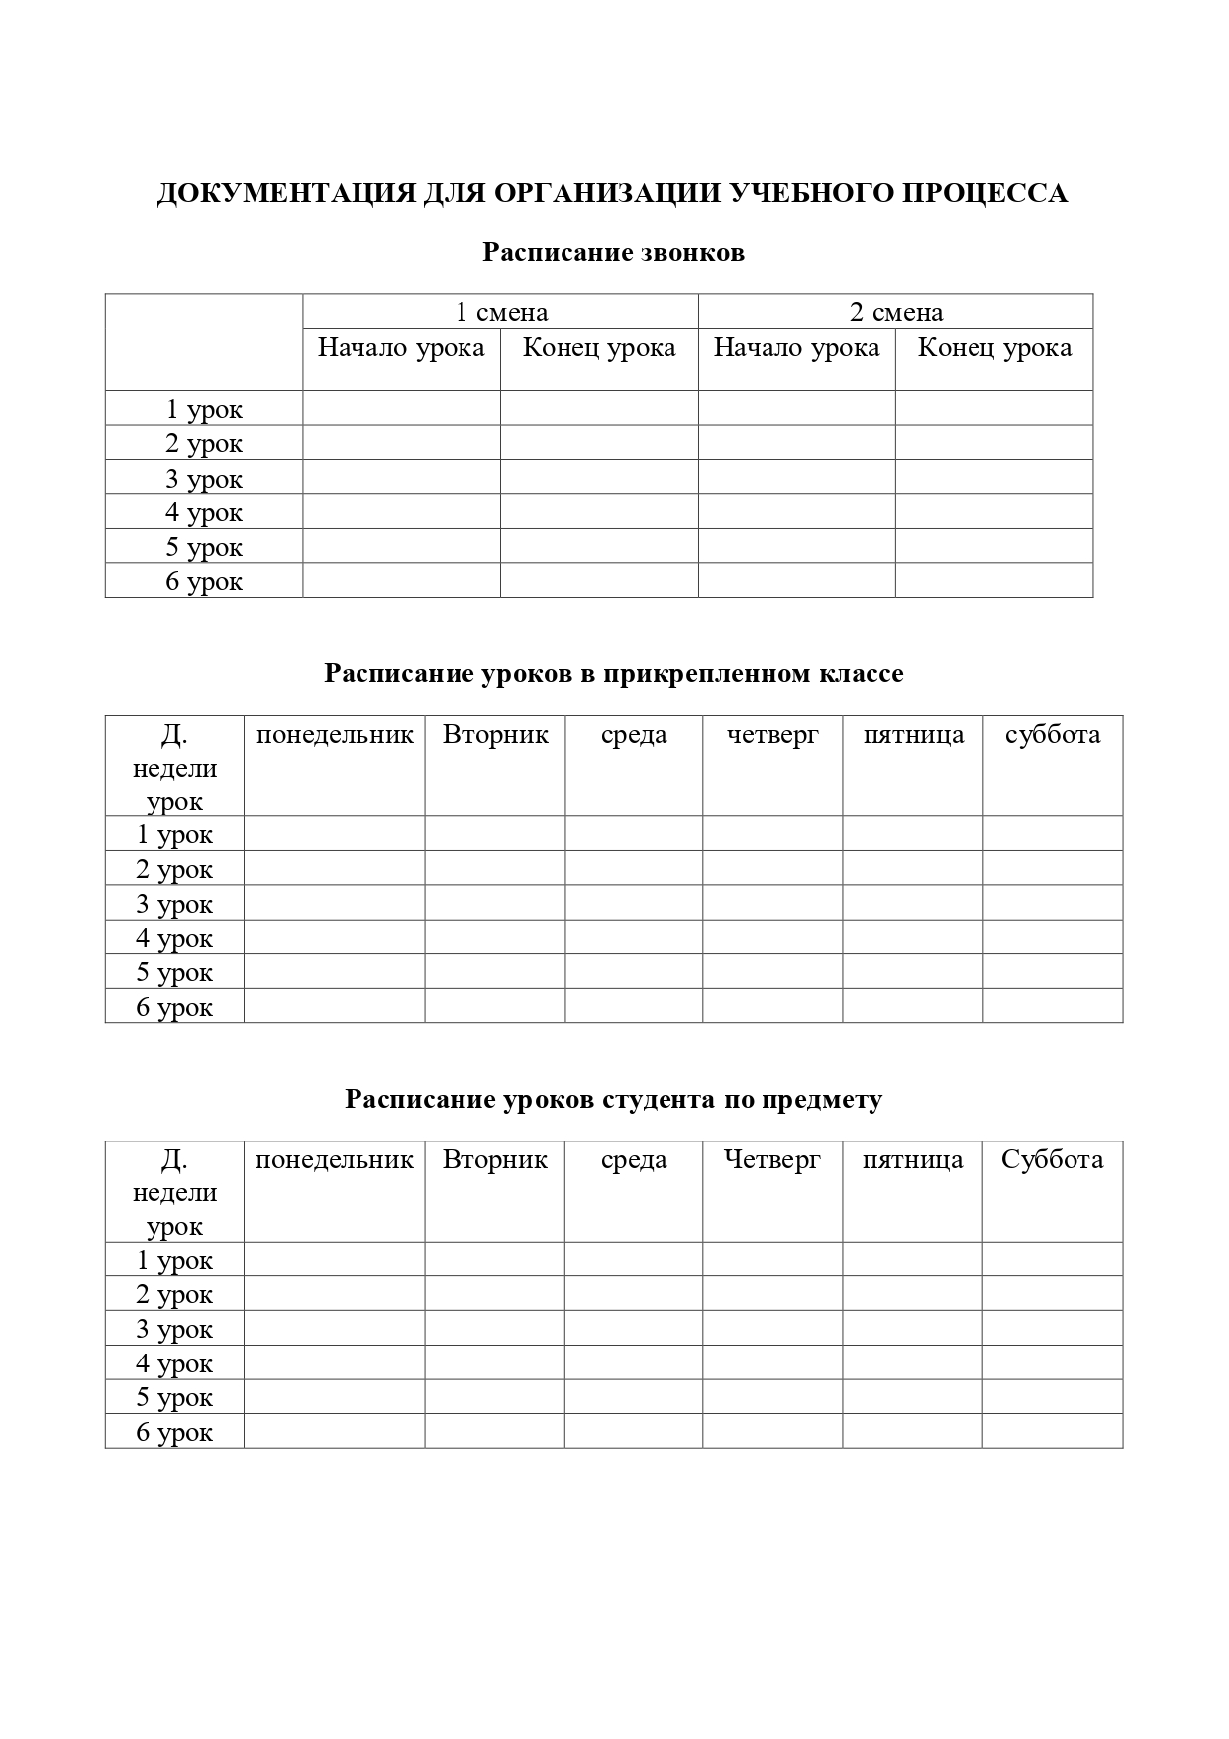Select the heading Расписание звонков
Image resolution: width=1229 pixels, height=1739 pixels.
click(x=613, y=253)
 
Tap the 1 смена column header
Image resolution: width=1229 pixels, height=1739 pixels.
click(x=500, y=312)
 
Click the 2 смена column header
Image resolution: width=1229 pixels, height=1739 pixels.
click(x=895, y=312)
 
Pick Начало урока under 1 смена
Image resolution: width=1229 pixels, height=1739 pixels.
click(x=401, y=348)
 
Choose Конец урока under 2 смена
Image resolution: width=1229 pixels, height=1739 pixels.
click(x=994, y=348)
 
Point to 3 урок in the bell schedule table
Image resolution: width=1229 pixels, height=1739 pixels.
click(x=204, y=479)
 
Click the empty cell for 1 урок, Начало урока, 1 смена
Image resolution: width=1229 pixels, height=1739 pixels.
click(x=401, y=408)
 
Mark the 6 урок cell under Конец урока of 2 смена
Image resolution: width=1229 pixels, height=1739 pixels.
click(x=994, y=581)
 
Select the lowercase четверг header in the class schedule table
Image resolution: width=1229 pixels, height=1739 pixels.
click(x=772, y=735)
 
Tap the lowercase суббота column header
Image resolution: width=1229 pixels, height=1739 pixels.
click(x=1053, y=735)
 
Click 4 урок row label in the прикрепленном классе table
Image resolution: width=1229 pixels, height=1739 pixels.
click(x=174, y=938)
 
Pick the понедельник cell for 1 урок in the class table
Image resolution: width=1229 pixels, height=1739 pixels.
click(x=334, y=834)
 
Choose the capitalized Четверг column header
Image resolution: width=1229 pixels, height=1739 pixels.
click(x=772, y=1160)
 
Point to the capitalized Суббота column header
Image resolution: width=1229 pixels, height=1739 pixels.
click(x=1052, y=1160)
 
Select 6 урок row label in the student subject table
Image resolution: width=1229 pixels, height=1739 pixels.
click(x=174, y=1432)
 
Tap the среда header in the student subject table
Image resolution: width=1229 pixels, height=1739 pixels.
click(x=634, y=1160)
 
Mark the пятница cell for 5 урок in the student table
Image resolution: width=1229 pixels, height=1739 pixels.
click(x=912, y=1397)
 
